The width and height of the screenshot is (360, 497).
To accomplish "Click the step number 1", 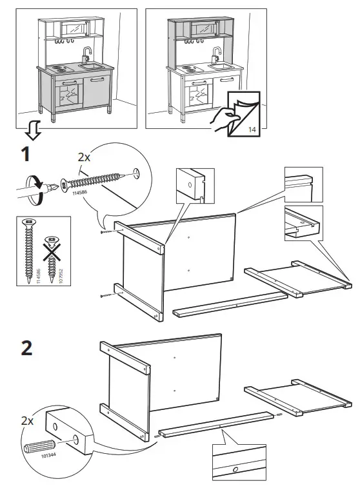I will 24,154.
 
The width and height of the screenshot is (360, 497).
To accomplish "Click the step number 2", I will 26,347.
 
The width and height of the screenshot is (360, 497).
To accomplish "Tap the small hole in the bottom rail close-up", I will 235,469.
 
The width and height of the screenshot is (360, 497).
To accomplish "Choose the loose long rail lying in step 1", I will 229,304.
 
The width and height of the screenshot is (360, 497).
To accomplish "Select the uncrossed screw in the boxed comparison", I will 30,251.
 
